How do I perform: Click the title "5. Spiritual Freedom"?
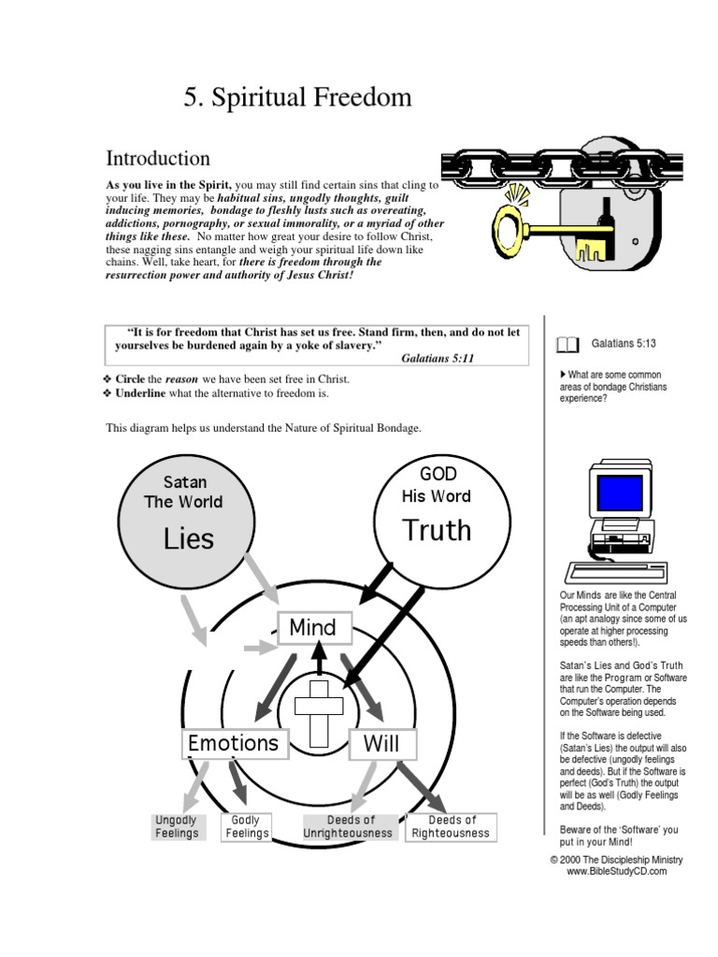click(297, 98)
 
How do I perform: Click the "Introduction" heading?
click(157, 158)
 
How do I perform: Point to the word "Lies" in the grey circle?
click(189, 538)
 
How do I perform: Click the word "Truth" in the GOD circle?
click(437, 530)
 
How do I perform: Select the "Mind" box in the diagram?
click(313, 627)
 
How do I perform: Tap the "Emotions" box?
click(234, 743)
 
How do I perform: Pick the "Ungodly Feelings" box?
click(177, 827)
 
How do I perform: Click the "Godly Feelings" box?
click(248, 827)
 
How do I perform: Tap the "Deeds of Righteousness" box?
click(451, 827)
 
